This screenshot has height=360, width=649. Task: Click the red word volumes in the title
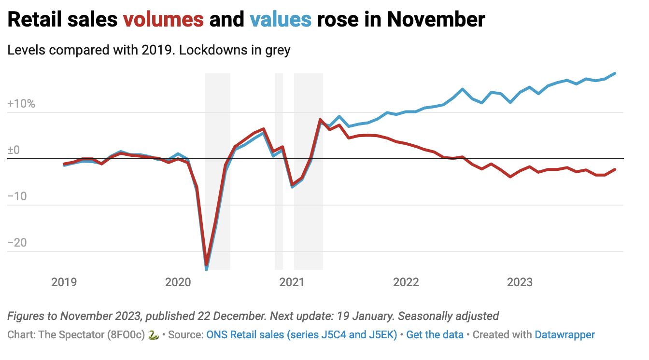163,19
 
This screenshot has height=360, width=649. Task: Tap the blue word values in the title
281,19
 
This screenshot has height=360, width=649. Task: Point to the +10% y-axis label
21,104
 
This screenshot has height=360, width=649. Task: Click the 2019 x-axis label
64,282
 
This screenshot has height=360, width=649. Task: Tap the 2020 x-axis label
178,282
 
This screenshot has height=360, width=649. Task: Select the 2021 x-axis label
292,282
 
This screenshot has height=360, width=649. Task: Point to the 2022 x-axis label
406,282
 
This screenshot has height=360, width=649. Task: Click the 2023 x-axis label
520,282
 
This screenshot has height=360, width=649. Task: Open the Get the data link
435,334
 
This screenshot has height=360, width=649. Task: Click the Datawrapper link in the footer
564,334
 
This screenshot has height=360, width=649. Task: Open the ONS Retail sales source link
301,334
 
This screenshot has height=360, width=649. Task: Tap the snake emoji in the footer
154,334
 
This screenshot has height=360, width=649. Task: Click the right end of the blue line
615,73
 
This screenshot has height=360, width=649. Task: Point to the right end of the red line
615,169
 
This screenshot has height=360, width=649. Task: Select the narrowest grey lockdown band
279,171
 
